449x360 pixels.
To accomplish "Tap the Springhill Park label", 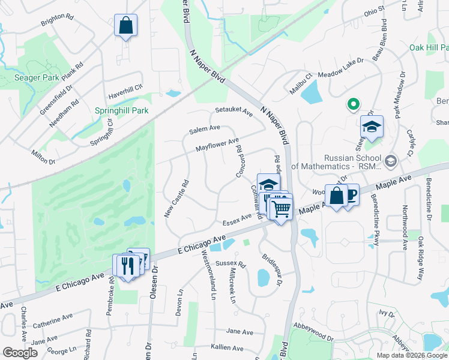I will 121,111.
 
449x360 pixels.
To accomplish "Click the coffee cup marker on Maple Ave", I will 350,194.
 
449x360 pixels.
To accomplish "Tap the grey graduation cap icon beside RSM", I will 391,161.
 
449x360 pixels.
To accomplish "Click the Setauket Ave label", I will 234,110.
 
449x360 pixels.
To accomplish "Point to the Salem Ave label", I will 204,128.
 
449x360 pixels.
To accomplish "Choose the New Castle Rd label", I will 177,199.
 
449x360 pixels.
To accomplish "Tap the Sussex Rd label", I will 231,263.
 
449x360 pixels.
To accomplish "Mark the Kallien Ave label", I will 227,348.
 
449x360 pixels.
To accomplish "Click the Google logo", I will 20,353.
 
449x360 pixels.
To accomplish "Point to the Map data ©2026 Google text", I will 411,355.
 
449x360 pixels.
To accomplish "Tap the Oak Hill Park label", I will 428,47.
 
